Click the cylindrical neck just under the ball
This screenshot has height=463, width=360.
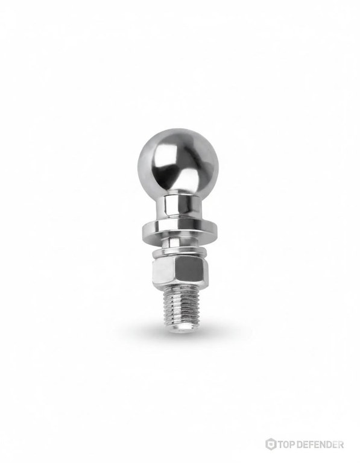[x=178, y=209]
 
